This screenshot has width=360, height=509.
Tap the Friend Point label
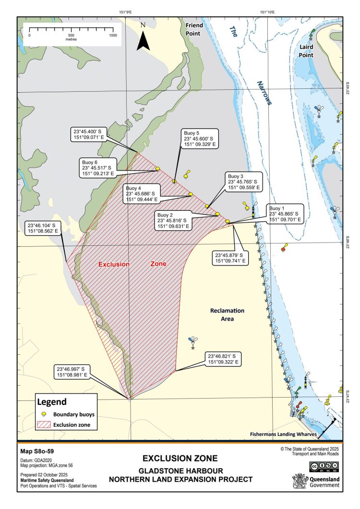point(195,29)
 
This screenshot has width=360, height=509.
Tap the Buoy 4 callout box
point(141,194)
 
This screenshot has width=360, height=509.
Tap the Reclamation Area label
point(228,315)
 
